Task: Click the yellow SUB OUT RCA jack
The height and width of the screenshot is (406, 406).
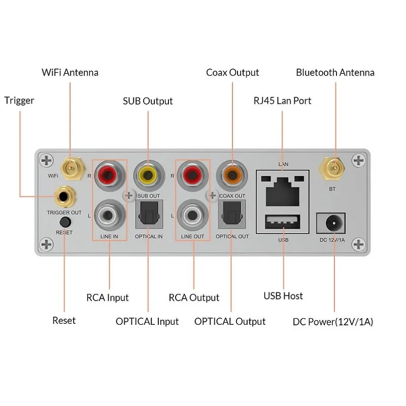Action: coord(148,176)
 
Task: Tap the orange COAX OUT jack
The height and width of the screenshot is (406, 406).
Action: coord(232,176)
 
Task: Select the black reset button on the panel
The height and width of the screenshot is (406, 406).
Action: coord(65,222)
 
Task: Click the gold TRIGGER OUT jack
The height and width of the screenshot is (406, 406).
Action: coord(65,197)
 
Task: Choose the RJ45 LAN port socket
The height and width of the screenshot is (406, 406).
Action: coord(283,192)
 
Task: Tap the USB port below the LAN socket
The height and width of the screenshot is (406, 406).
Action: coord(283,222)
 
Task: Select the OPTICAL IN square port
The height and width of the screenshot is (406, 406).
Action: coord(149,214)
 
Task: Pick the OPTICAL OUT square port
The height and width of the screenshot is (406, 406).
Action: coord(232,214)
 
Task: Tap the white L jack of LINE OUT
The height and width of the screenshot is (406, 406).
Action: coord(192,215)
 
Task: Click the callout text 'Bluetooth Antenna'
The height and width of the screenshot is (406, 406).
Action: coord(335,73)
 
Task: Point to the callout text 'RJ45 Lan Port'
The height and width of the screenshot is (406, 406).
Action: coord(282,100)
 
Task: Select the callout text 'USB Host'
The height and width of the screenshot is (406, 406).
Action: coord(283,296)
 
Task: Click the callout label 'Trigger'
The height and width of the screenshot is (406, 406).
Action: coord(19,100)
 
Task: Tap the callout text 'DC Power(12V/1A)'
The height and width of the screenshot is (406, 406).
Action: coord(333,322)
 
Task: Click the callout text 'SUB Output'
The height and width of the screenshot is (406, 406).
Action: coord(148,101)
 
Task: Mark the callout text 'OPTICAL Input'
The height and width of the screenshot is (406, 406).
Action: coord(147,322)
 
